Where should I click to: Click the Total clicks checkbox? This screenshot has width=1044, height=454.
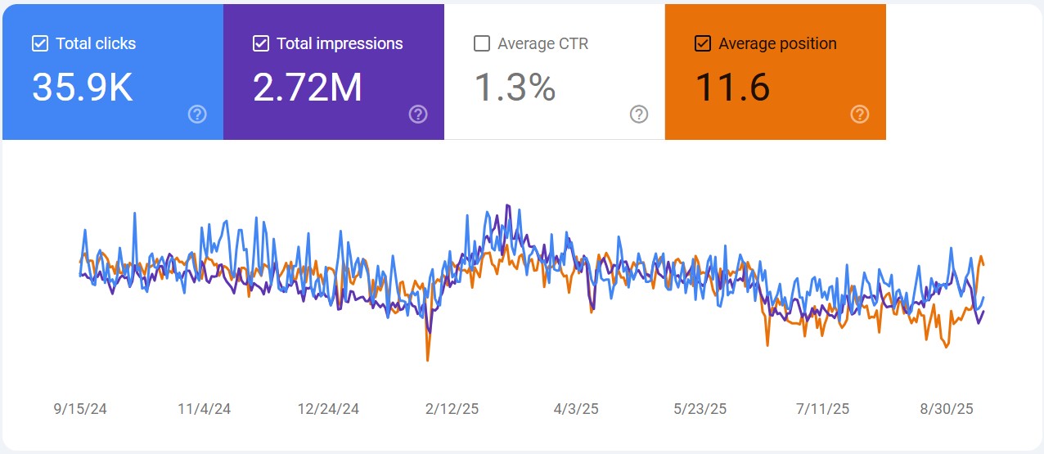click(x=40, y=43)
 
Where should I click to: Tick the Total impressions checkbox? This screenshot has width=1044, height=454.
click(x=261, y=43)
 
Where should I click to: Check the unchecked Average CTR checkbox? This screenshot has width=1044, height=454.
click(x=482, y=43)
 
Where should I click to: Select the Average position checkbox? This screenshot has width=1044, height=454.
click(x=702, y=43)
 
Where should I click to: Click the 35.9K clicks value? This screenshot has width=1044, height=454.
click(x=82, y=87)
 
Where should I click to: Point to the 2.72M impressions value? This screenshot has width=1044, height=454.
click(x=307, y=87)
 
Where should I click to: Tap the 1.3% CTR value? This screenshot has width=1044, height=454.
click(x=515, y=87)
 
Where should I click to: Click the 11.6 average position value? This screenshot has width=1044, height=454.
click(x=732, y=87)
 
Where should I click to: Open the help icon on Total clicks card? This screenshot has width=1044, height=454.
click(x=197, y=114)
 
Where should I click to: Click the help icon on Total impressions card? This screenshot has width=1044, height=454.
click(x=418, y=114)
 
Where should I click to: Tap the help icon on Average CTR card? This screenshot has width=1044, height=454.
click(x=639, y=114)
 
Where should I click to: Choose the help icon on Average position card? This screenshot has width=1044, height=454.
click(x=859, y=114)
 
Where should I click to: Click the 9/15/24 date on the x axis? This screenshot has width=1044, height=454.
click(x=80, y=408)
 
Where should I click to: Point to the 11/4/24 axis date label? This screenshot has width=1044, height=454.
click(x=204, y=408)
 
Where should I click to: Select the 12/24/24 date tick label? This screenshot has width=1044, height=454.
click(x=328, y=408)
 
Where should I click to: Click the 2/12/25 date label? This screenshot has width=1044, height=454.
click(x=452, y=408)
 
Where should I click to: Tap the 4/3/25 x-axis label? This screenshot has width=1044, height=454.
click(x=577, y=408)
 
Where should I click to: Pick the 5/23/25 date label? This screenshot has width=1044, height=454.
click(x=700, y=408)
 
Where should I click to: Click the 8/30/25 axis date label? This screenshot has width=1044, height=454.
click(x=947, y=408)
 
